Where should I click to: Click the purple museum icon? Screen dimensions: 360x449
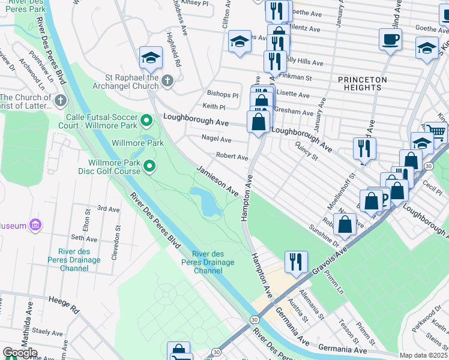pyautogui.click(x=35, y=225)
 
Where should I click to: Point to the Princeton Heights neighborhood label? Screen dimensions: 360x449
pyautogui.click(x=360, y=83)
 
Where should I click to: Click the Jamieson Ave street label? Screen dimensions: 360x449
pyautogui.click(x=218, y=181)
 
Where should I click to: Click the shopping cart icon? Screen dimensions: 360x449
pyautogui.click(x=436, y=132)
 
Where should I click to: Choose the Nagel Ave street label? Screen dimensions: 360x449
pyautogui.click(x=216, y=139)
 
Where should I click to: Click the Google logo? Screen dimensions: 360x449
pyautogui.click(x=20, y=353)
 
